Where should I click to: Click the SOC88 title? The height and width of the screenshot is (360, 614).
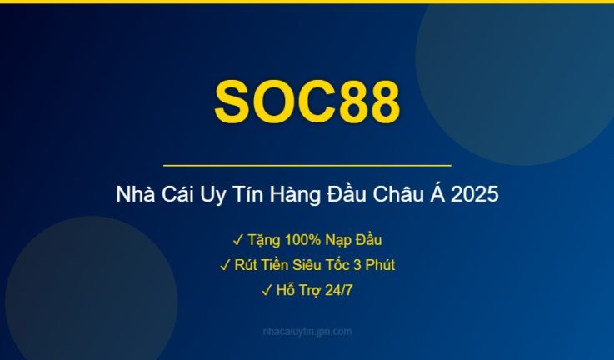point(307,102)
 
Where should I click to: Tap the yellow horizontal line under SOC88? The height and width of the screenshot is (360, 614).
point(307,166)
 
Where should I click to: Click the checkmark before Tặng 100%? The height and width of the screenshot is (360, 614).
point(237,240)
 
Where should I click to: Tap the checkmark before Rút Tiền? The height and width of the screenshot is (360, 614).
point(225,265)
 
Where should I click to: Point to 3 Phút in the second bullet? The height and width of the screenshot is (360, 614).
point(374,265)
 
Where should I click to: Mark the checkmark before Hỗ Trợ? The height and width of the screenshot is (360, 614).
point(266,290)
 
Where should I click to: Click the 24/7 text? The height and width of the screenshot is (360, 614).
point(337,290)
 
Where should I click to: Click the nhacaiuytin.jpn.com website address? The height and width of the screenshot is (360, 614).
point(307,332)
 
